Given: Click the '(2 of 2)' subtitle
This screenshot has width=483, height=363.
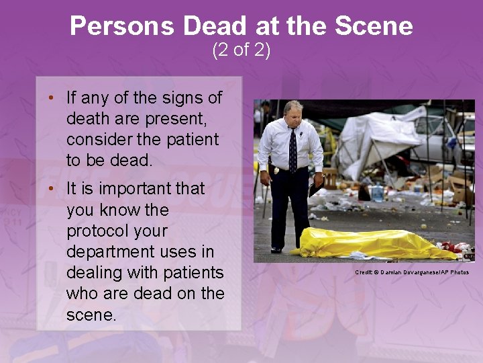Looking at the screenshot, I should pyautogui.click(x=241, y=50).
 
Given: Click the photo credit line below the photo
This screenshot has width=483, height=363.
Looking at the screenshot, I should pyautogui.click(x=412, y=272).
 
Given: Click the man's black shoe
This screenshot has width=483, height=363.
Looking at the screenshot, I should pyautogui.click(x=276, y=249).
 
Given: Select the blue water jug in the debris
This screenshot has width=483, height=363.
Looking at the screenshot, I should pyautogui.click(x=377, y=194).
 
